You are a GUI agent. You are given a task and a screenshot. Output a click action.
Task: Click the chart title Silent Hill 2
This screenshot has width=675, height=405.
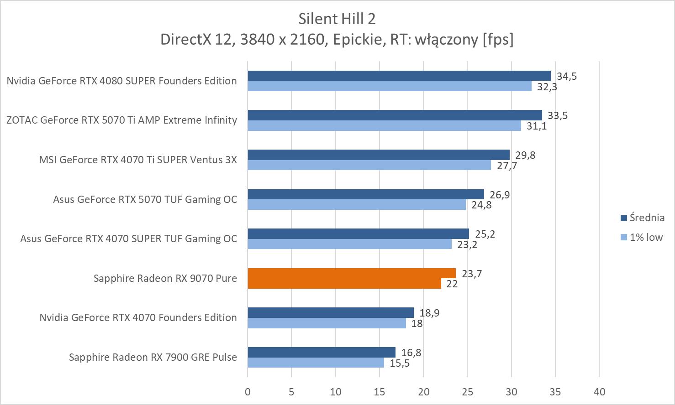[x=337, y=19]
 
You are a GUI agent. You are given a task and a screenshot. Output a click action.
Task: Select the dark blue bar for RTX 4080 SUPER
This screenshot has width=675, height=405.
[x=399, y=76]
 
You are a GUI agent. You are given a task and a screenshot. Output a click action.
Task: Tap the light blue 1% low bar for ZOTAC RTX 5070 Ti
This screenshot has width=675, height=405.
[x=384, y=125]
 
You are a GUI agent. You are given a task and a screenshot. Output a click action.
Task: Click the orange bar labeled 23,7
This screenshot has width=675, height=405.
[x=352, y=273]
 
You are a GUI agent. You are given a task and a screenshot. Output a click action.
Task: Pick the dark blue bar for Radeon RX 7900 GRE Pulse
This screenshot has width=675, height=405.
[x=322, y=352]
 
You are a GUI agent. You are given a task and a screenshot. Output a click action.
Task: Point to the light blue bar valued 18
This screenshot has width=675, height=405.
[x=327, y=323]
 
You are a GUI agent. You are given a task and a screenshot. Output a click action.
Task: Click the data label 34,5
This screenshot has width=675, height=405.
[x=566, y=76]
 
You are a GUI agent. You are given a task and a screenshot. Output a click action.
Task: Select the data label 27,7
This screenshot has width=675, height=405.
[x=507, y=166]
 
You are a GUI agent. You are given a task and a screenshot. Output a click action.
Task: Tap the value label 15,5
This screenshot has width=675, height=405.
[x=400, y=363]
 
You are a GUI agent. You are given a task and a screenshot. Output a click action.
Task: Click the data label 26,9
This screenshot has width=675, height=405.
[x=500, y=195]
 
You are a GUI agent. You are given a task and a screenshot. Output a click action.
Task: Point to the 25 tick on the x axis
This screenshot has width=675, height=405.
[x=467, y=391]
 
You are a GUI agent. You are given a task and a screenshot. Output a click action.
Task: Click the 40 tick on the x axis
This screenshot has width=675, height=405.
[x=599, y=391]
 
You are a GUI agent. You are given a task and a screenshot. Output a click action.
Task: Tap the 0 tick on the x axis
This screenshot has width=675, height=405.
[x=248, y=391]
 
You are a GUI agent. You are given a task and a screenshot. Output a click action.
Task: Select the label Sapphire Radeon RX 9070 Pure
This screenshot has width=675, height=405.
[x=165, y=278]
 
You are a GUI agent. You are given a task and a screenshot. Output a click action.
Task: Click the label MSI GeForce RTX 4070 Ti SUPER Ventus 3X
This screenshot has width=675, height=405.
[x=138, y=160]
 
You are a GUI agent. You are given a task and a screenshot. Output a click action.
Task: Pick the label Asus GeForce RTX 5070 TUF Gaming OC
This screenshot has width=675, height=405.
[x=145, y=199]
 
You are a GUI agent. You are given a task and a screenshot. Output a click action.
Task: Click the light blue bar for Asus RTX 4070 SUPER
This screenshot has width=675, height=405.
[x=349, y=244]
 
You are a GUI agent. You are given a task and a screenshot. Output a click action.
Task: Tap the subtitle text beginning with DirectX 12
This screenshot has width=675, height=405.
[x=337, y=40]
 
